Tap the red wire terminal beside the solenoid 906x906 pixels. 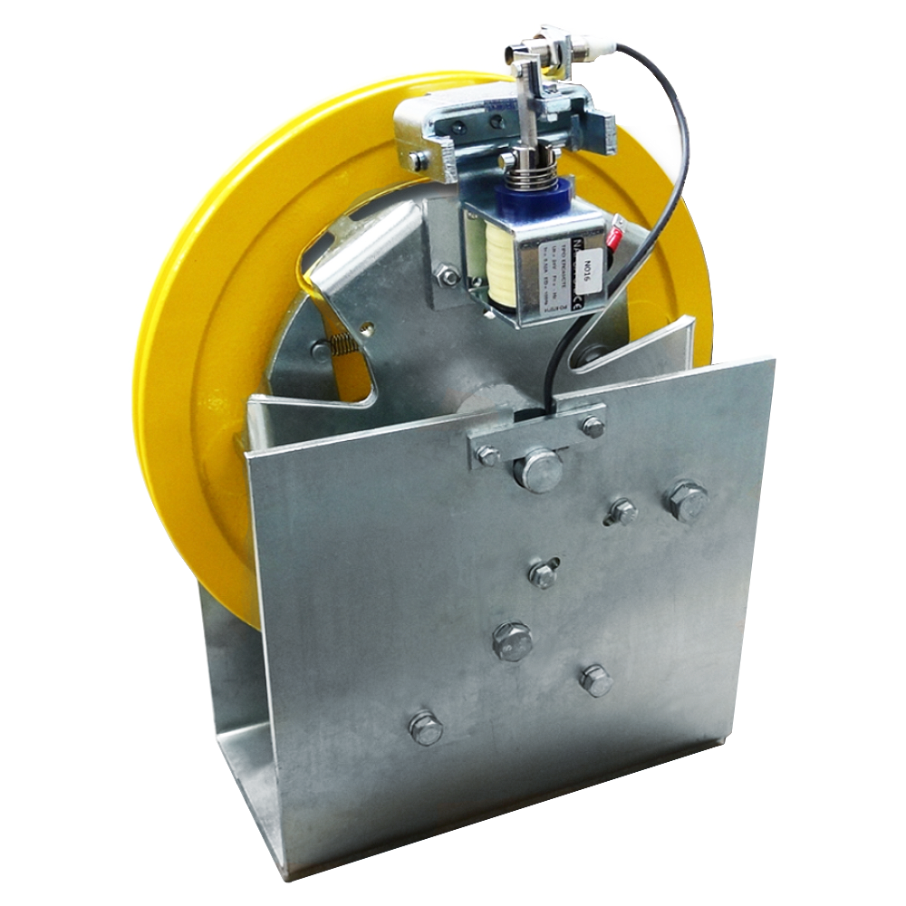pyautogui.click(x=615, y=238)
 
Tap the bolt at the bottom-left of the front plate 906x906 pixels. pyautogui.click(x=425, y=728)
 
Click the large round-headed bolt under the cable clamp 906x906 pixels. pyautogui.click(x=538, y=471)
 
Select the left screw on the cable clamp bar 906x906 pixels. pyautogui.click(x=487, y=455)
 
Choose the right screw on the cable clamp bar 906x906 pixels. pyautogui.click(x=593, y=426)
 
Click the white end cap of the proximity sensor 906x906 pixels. pyautogui.click(x=599, y=44)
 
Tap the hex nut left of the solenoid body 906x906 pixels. pyautogui.click(x=447, y=276)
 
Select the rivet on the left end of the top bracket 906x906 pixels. pyautogui.click(x=418, y=161)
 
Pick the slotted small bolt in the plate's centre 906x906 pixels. pyautogui.click(x=543, y=573)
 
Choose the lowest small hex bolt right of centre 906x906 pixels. pyautogui.click(x=596, y=679)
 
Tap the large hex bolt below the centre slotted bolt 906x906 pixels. pyautogui.click(x=512, y=641)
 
